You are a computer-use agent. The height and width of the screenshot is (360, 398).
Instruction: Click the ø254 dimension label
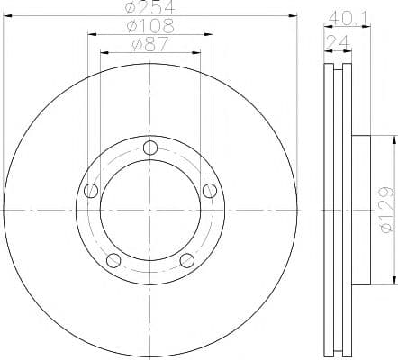tap(149, 7)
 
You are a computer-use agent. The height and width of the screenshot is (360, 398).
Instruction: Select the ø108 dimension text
tap(150, 26)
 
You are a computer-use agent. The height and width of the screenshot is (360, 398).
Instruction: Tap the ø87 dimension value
tap(149, 44)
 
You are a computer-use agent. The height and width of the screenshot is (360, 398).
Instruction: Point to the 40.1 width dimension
tap(348, 18)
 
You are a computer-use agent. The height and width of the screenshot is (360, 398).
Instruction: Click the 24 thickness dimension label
tap(339, 42)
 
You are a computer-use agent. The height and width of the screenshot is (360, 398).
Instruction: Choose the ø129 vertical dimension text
tap(387, 210)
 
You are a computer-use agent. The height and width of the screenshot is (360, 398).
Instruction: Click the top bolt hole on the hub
tap(150, 148)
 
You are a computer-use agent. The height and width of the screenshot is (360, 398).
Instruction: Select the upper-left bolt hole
tap(91, 191)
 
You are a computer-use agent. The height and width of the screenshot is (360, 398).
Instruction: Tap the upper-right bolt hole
tap(210, 191)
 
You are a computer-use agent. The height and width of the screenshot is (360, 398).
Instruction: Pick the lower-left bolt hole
tap(113, 260)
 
